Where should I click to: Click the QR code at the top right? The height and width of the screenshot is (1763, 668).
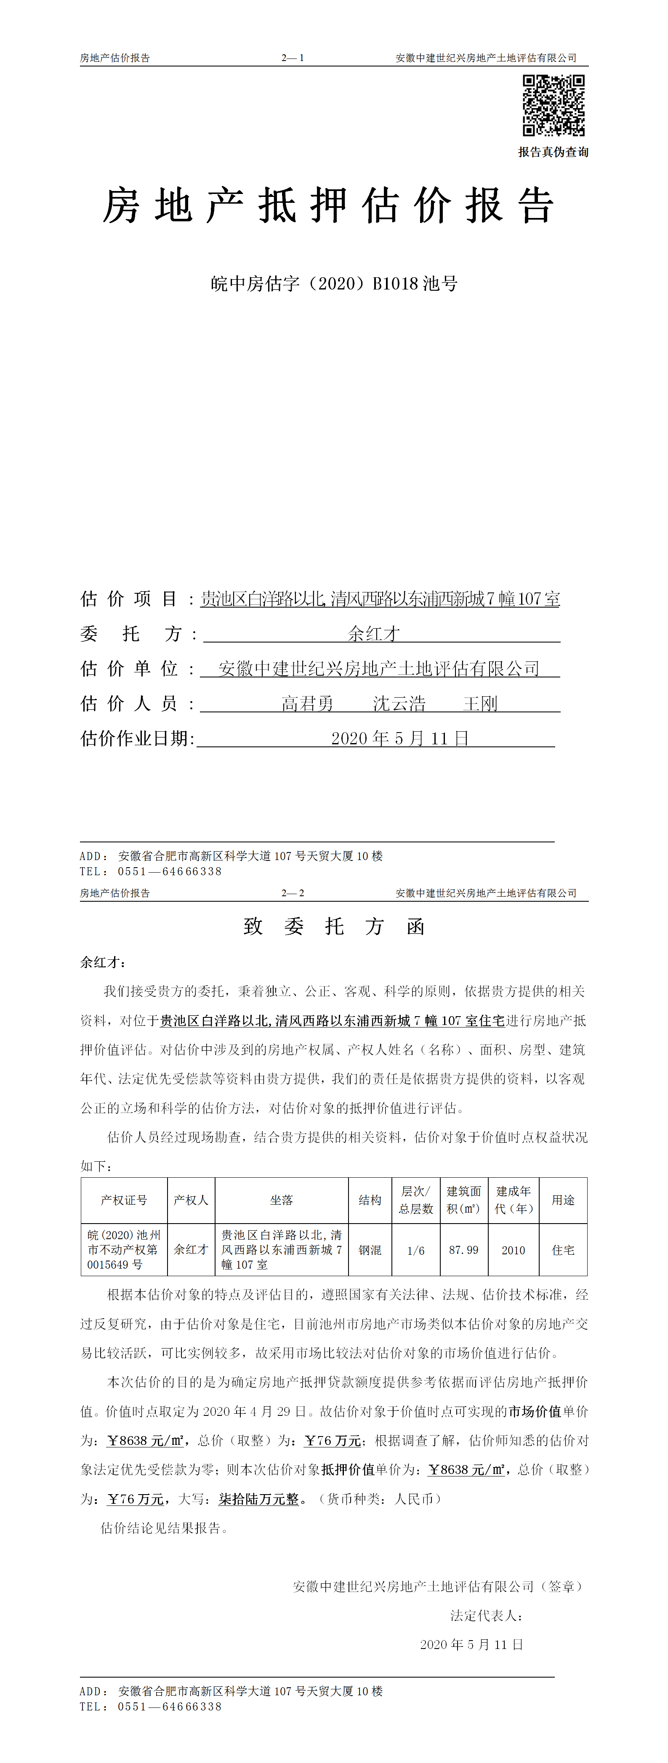point(554,105)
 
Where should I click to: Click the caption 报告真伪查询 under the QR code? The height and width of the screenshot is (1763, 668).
point(553,152)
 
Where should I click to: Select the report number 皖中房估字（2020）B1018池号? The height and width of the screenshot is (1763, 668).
point(334,283)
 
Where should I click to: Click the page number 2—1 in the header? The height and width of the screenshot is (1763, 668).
point(292,58)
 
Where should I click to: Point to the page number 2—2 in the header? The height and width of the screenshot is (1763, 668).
point(292,893)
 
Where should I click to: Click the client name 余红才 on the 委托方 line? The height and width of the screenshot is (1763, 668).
point(374,634)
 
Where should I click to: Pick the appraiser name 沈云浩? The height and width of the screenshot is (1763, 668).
point(399,704)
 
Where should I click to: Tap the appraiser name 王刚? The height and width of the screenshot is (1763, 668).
point(480,704)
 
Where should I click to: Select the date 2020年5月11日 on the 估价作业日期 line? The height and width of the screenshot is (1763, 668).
point(400,738)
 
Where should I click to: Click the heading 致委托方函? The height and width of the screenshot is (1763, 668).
point(334,927)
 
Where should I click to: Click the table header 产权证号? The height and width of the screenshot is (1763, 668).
point(124,1200)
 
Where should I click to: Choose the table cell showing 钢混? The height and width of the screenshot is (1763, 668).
point(370,1250)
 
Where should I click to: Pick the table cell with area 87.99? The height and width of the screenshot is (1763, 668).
point(464,1250)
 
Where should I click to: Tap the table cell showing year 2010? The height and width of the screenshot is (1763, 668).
point(514,1250)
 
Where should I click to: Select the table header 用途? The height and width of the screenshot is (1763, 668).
point(563,1200)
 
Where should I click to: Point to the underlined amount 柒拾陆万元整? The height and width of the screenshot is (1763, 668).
point(259,1499)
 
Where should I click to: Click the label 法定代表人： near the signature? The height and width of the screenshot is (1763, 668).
point(487,1615)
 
